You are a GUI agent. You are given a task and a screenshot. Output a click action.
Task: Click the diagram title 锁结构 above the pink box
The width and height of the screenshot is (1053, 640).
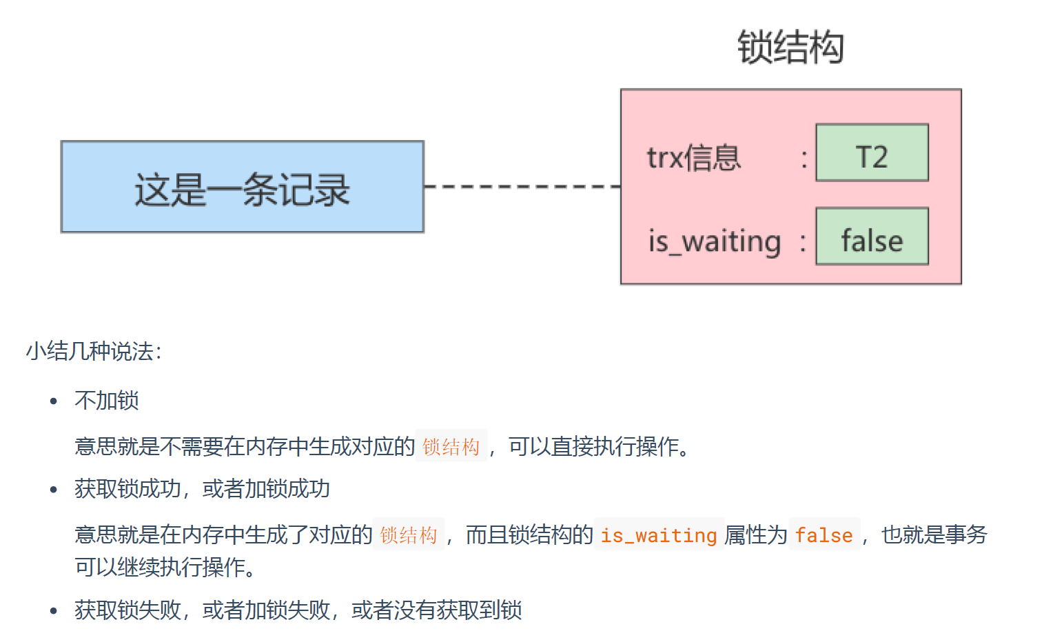[x=790, y=48]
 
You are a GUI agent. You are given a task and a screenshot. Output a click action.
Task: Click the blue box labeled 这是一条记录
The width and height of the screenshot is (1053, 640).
[x=242, y=187]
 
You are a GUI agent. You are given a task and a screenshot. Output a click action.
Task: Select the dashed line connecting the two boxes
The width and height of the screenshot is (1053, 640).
[x=522, y=186]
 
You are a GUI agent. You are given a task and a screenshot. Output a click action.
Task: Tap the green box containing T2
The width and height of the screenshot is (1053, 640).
[x=872, y=153]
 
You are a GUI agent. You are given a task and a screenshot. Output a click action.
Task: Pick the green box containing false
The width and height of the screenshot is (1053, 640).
[x=872, y=237]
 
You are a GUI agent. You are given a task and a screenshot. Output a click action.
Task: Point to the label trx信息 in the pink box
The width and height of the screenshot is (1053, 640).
[x=694, y=158]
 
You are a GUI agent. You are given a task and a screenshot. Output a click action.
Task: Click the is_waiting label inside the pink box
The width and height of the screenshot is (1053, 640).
[x=715, y=241]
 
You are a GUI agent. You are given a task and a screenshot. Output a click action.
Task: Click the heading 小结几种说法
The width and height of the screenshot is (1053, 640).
[x=94, y=352]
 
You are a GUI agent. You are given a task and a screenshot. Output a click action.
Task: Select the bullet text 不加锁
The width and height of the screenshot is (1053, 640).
[x=107, y=401]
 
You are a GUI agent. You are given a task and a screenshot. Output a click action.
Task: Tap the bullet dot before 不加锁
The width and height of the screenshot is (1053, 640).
[x=54, y=401]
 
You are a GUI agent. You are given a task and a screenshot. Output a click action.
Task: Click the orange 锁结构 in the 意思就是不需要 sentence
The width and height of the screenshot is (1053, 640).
[x=451, y=447]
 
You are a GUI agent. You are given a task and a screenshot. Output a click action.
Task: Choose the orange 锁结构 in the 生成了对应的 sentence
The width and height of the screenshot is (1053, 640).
[x=409, y=535]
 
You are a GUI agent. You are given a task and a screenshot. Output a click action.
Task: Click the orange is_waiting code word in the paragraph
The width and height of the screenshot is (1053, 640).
[x=658, y=535]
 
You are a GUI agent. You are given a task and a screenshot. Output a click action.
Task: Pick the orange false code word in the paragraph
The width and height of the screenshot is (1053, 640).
[x=824, y=535]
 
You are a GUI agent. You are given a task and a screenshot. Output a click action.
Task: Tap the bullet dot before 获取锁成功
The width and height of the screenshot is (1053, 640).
[x=54, y=490]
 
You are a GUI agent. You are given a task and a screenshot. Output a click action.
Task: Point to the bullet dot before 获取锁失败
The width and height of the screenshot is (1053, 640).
[x=54, y=611]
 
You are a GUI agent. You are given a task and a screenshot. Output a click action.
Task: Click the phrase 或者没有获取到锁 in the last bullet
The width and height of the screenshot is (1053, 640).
[x=436, y=610]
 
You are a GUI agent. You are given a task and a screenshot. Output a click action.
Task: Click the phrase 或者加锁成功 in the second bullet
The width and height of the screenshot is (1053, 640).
[x=266, y=489]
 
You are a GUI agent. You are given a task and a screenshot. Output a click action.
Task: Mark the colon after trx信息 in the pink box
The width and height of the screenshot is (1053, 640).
[x=804, y=159]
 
